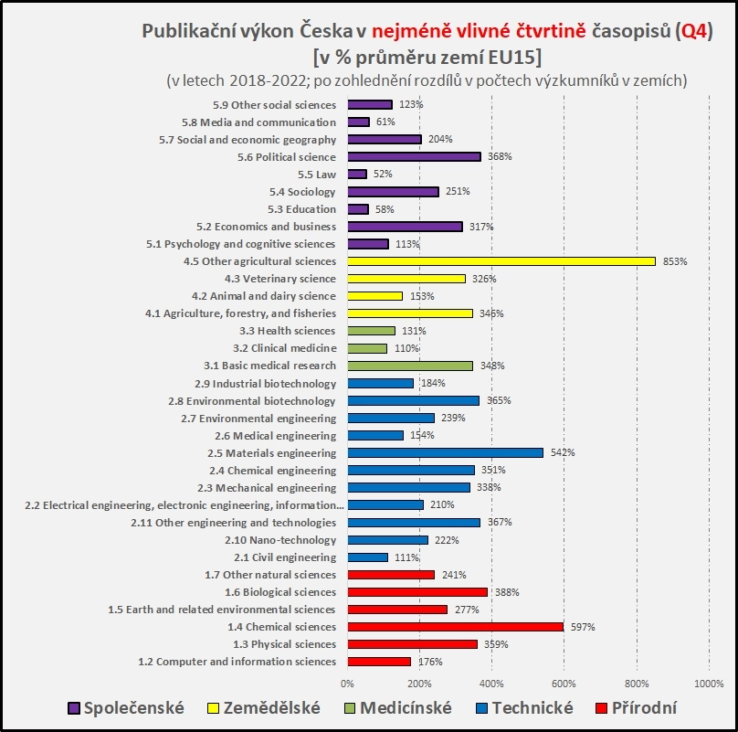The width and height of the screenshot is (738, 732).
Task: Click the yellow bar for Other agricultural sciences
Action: (501, 261)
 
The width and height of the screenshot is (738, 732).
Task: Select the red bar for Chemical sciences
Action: (455, 627)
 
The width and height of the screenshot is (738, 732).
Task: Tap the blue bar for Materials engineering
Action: (445, 453)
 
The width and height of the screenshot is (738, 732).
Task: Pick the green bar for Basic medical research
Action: (410, 366)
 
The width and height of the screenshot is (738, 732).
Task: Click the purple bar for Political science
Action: (414, 157)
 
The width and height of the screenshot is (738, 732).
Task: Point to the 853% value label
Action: (675, 261)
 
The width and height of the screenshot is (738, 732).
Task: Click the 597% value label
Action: (584, 627)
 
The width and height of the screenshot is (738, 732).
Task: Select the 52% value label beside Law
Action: (383, 175)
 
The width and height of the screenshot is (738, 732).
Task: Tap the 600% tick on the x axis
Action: (564, 684)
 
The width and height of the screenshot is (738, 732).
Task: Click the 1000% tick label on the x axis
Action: (708, 684)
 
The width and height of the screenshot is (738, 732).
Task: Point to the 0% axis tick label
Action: (347, 684)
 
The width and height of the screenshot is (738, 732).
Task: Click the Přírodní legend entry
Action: (638, 708)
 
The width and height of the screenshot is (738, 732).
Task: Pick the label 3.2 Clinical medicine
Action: (284, 348)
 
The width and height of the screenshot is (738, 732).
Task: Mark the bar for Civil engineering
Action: (367, 557)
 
